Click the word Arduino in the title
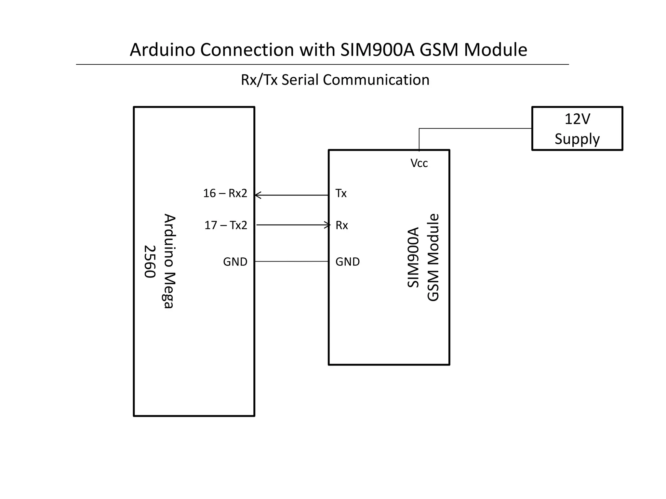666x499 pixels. point(162,50)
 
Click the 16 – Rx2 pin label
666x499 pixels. point(225,193)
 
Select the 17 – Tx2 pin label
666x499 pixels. point(226,225)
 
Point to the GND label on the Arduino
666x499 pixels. point(235,262)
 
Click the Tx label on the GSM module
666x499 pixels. point(341,193)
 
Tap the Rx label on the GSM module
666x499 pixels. point(341,225)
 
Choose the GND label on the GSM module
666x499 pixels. point(347,262)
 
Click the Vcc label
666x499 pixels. point(419,163)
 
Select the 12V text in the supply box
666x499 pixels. point(577,119)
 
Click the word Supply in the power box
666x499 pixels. point(577,139)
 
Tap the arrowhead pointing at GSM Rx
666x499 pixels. point(328,225)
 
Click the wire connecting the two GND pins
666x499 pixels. point(291,261)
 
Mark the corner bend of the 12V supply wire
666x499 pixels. point(419,129)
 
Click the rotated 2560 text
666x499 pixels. point(150,262)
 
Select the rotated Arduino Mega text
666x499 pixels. point(169,261)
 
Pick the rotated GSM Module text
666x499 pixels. point(433,257)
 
